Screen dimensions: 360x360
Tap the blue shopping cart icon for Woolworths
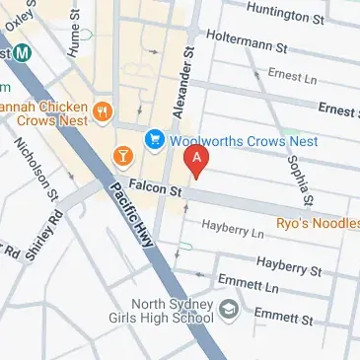point(154,140)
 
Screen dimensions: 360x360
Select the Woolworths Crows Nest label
point(242,141)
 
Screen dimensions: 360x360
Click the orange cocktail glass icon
point(122,155)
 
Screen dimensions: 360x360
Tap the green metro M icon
point(20,52)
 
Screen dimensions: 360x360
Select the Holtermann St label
point(247,41)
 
